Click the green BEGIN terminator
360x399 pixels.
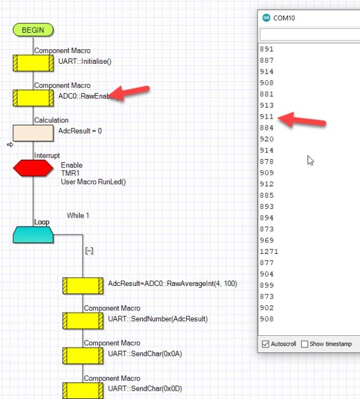coord(33,30)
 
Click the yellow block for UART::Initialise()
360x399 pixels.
coord(33,63)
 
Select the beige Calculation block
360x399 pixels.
coord(33,132)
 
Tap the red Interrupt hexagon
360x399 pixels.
coord(33,168)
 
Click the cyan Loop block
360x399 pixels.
coord(33,234)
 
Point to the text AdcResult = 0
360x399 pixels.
coord(80,131)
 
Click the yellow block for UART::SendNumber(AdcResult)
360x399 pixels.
coord(83,320)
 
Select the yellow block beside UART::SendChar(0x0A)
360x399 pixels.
coord(83,355)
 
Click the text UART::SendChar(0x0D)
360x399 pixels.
coord(145,389)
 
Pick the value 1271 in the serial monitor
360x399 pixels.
coord(269,251)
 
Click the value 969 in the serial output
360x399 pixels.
coord(266,240)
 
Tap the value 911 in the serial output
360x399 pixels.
coord(266,116)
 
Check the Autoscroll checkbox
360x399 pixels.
coord(265,344)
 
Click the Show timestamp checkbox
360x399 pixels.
coord(305,344)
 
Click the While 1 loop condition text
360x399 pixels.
coord(78,216)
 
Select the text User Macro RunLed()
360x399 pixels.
coord(93,182)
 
